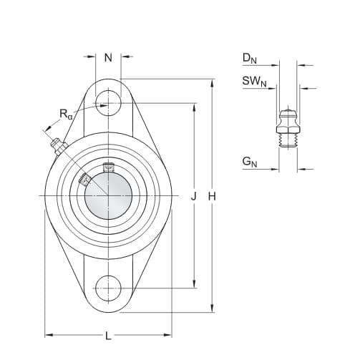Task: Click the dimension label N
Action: [x=108, y=57]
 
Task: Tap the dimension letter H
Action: [x=212, y=197]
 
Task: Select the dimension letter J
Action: [x=194, y=197]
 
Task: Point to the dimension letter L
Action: [x=108, y=336]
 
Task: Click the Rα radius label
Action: [x=66, y=114]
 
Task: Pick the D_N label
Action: [x=250, y=59]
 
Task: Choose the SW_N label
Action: [x=254, y=82]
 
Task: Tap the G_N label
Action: [x=250, y=162]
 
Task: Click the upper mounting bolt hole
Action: [x=109, y=103]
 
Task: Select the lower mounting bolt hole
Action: [x=109, y=288]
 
